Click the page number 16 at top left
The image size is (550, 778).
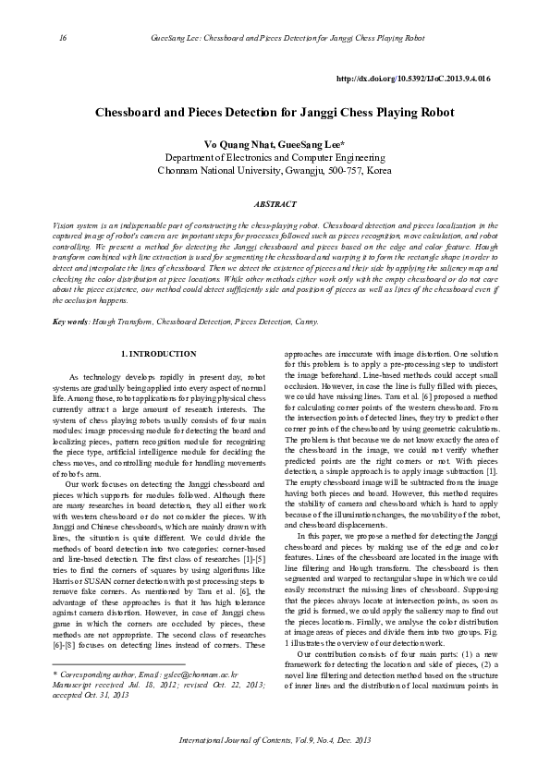pos(63,38)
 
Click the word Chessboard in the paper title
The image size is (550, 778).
pos(133,112)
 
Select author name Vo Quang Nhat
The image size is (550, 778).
pos(236,145)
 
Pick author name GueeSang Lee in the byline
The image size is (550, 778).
pos(312,145)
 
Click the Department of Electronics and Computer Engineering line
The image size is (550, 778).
pos(274,158)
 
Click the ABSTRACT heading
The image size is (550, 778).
pos(275,204)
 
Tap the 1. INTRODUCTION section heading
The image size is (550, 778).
pos(159,354)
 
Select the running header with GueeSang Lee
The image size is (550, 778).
pos(287,38)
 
